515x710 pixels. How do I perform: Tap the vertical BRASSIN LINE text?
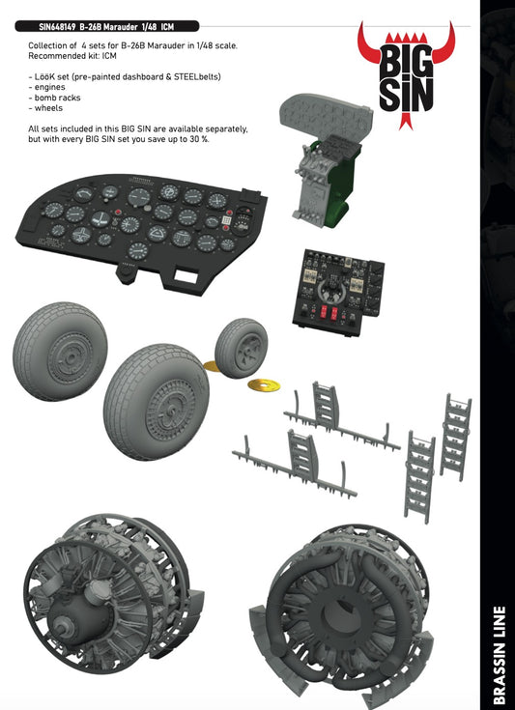[x=497, y=656]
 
